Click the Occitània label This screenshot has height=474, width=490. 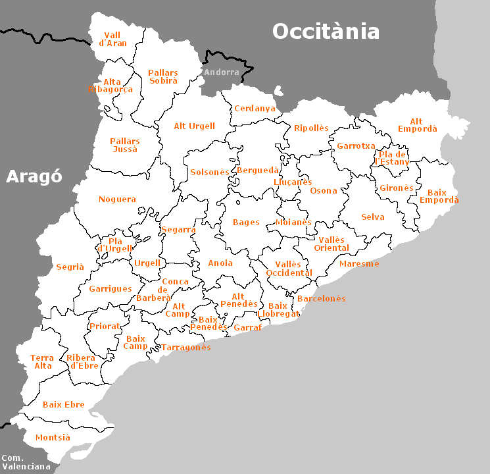(326, 31)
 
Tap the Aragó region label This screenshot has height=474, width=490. (34, 176)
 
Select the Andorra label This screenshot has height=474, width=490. (222, 72)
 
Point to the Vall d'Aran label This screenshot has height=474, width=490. (112, 39)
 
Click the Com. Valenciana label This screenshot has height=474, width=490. (26, 462)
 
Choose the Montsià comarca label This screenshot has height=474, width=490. (53, 438)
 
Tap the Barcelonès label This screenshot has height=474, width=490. (321, 298)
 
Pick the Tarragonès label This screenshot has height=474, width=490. (186, 347)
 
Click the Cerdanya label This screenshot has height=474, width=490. (255, 109)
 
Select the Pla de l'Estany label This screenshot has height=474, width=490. (393, 158)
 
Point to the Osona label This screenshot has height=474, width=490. (323, 191)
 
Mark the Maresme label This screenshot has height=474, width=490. (359, 263)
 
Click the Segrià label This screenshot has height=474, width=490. (70, 267)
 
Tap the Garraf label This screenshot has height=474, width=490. (247, 327)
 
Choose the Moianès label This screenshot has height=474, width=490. (293, 222)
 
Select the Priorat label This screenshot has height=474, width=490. (105, 326)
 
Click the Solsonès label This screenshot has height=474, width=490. (210, 172)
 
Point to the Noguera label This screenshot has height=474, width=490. (117, 199)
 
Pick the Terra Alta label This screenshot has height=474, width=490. (42, 361)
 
